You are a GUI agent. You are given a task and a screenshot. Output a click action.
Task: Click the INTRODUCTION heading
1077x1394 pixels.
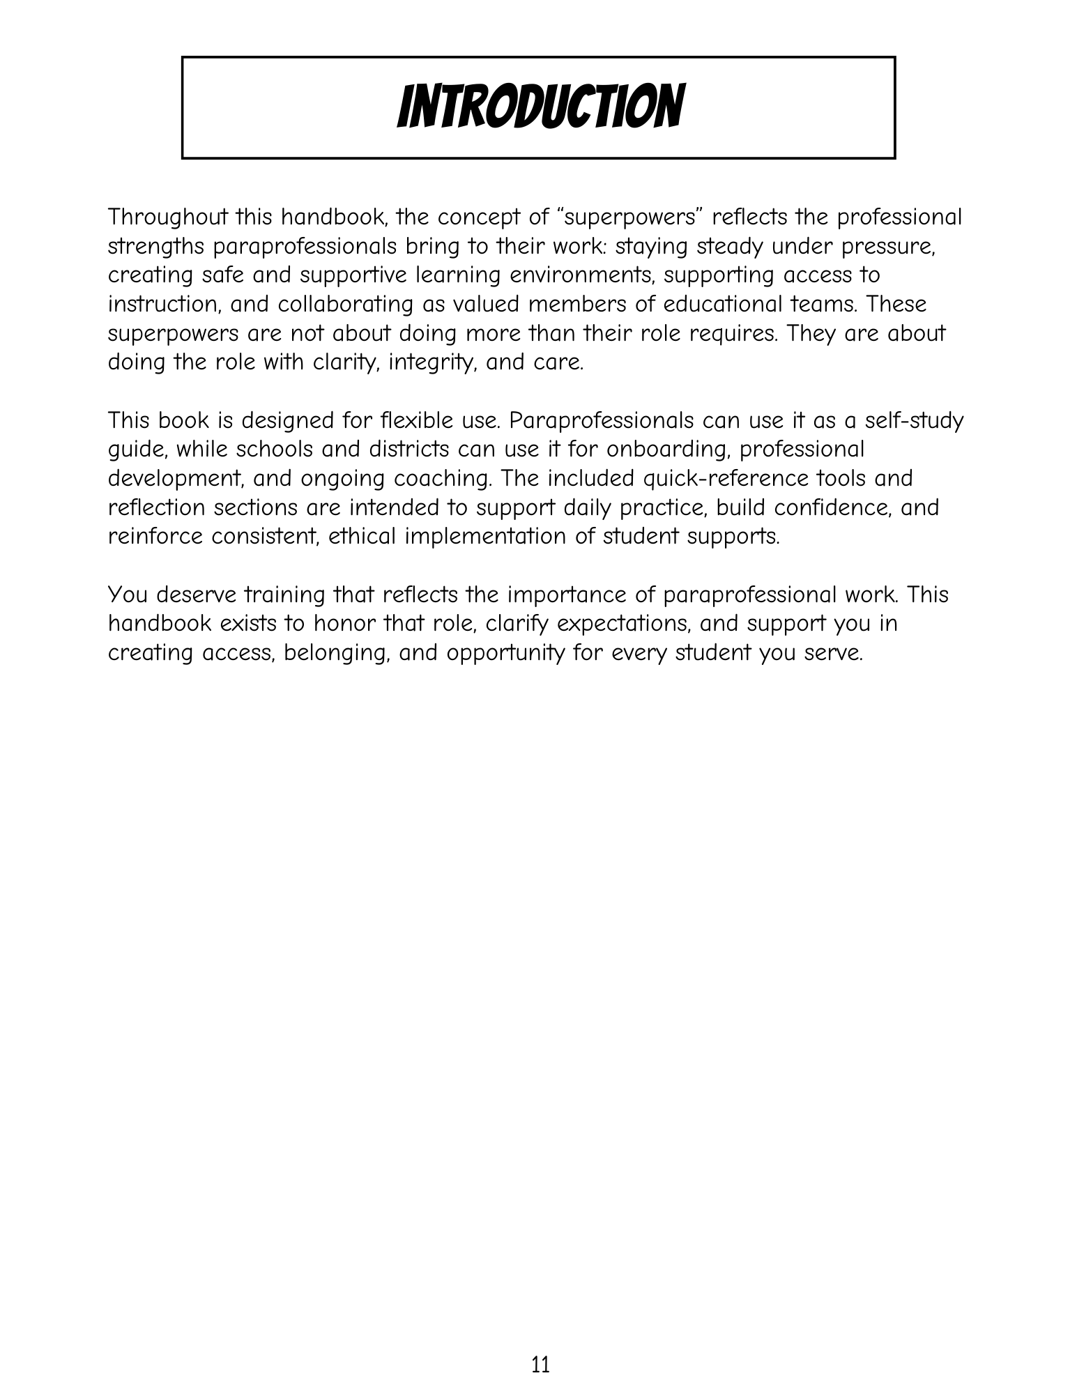[x=539, y=107]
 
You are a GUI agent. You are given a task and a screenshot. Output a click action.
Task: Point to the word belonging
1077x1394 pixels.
[x=335, y=653]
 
